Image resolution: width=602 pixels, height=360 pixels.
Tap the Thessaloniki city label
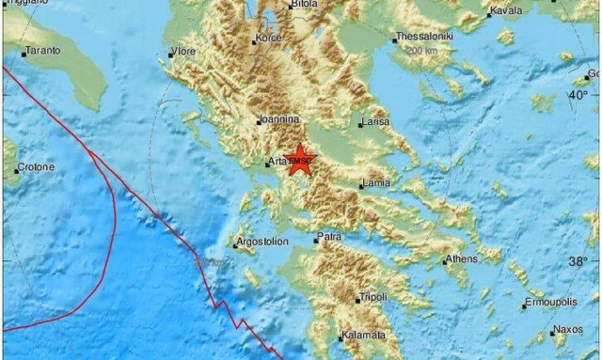(x=426, y=36)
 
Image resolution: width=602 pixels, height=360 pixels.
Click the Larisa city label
(x=373, y=122)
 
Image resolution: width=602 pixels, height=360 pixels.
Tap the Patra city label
(x=328, y=237)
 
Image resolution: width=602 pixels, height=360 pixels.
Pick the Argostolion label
(x=263, y=245)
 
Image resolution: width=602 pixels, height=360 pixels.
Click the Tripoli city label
(x=372, y=298)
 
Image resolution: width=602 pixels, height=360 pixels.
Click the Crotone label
(x=36, y=168)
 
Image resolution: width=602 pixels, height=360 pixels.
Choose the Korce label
(x=268, y=39)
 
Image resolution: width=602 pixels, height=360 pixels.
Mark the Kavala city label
(x=506, y=12)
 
